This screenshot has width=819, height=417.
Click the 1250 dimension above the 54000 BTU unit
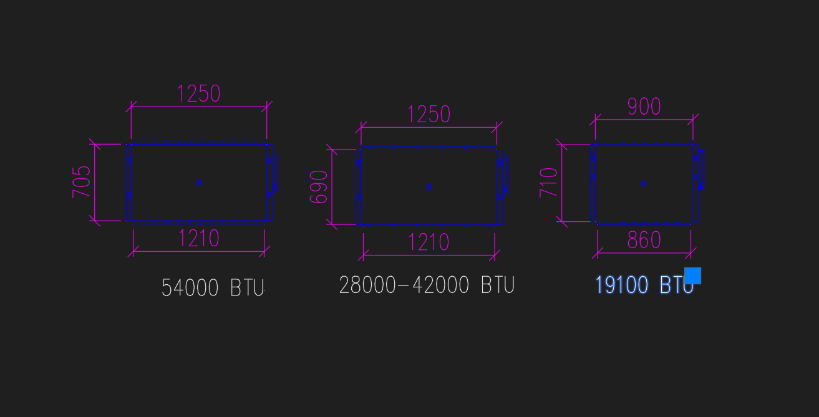point(199,94)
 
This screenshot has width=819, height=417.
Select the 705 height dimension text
point(82,182)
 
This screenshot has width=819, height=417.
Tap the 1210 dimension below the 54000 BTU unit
point(199,239)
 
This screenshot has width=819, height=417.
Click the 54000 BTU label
point(213,288)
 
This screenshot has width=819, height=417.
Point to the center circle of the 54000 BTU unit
point(199,183)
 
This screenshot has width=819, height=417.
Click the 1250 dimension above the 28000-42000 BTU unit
point(429,115)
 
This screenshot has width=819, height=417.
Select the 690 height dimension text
point(319,187)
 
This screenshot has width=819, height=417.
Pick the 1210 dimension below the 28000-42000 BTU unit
point(429,242)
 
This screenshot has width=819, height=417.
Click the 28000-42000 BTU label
point(427,285)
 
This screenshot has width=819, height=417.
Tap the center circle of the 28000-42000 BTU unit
point(429,187)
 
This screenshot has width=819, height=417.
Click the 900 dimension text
point(644,107)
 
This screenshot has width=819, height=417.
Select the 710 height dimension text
point(549,183)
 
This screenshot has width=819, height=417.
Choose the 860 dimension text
point(644,241)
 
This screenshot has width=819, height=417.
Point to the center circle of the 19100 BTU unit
point(644,183)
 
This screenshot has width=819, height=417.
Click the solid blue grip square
point(692,276)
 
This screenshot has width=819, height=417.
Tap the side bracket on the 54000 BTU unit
point(274,173)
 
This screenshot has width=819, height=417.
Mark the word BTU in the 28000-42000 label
point(498,285)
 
